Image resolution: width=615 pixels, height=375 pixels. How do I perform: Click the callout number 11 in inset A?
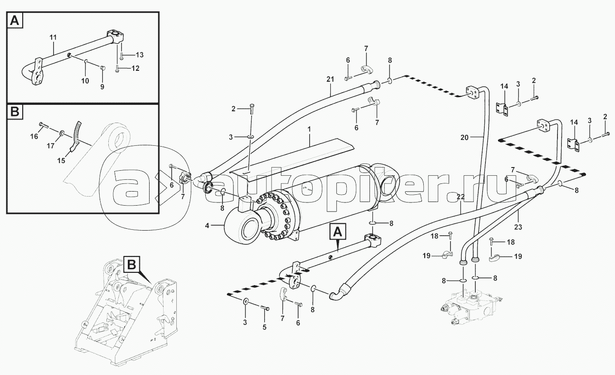click(x=53, y=37)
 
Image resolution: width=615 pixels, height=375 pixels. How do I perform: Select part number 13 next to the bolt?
click(x=140, y=55)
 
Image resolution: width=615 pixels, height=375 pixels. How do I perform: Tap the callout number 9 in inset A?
click(x=102, y=87)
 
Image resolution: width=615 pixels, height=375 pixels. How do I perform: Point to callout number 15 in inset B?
click(x=61, y=160)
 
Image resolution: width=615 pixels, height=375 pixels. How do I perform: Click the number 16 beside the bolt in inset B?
click(x=34, y=137)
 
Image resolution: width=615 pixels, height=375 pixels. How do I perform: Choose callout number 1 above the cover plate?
click(x=309, y=129)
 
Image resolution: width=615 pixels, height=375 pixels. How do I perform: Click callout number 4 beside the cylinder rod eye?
click(x=207, y=226)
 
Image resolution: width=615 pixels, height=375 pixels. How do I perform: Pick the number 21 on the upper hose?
click(x=330, y=79)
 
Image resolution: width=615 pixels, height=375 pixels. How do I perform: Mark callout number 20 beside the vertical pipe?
click(x=464, y=137)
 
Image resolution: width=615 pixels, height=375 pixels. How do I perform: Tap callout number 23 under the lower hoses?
click(x=518, y=227)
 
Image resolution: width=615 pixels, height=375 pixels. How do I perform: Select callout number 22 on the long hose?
click(x=461, y=197)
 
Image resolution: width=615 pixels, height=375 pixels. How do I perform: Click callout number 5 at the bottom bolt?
click(x=264, y=327)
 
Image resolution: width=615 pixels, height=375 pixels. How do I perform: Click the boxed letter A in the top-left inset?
click(x=15, y=20)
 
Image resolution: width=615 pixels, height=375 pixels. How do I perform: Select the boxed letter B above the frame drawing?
click(x=132, y=265)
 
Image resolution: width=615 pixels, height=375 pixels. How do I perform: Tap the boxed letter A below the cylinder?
click(x=338, y=232)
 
